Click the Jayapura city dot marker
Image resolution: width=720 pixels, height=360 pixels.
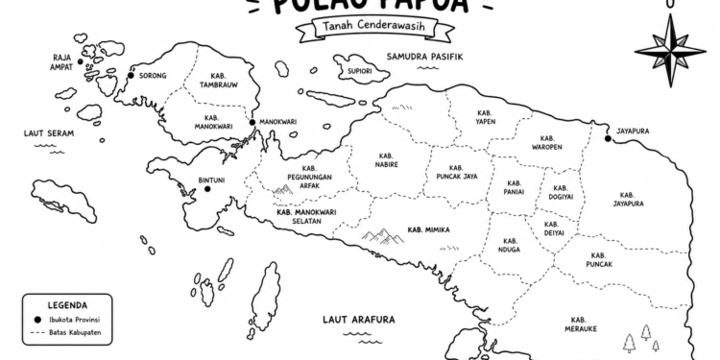coord(608,140)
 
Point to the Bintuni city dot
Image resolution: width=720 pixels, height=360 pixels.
coord(206,189)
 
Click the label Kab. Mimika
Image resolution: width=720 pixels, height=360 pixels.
coord(429,229)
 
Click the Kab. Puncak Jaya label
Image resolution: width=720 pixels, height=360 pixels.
coord(456,171)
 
